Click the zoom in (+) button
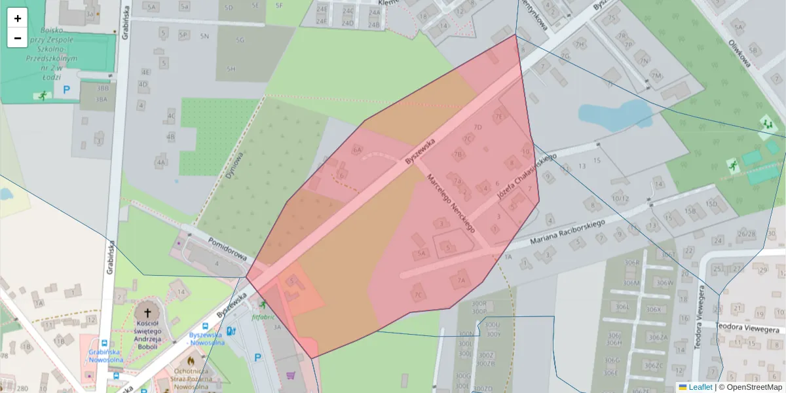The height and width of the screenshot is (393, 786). pos(18,18)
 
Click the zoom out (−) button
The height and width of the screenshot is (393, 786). pos(18,38)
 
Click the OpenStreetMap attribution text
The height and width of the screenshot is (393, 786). pos(754,387)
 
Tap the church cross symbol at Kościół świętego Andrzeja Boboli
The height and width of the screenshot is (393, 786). pos(147,313)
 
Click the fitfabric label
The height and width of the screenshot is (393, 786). pos(262,315)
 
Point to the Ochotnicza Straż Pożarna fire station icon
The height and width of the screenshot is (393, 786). pos(191,360)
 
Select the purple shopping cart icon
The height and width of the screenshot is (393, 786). pos(290,376)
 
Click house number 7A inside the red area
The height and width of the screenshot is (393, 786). pos(460,281)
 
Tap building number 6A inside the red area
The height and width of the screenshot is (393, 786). pos(357,149)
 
